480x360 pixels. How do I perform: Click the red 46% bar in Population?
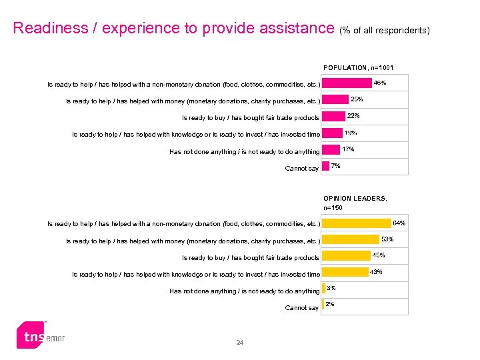(x=347, y=84)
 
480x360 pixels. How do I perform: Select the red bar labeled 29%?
(x=335, y=101)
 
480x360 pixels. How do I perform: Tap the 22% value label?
(x=353, y=116)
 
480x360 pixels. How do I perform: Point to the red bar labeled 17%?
(x=330, y=151)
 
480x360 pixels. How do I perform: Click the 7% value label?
(x=336, y=165)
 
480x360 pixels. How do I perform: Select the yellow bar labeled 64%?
(x=356, y=223)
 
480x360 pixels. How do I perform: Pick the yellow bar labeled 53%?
(x=350, y=240)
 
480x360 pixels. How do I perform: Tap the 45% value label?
(x=378, y=255)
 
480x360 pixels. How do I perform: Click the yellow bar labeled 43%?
(x=345, y=273)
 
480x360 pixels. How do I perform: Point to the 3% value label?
(x=331, y=288)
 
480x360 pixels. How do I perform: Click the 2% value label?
(x=330, y=304)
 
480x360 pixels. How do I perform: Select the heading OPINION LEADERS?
(x=355, y=198)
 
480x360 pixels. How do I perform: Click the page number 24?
(x=240, y=343)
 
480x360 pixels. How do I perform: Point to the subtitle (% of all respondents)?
(x=389, y=30)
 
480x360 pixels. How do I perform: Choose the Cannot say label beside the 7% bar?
(x=301, y=169)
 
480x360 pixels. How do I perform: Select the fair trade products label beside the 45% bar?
(x=251, y=258)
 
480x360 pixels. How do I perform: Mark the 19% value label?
(x=351, y=133)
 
